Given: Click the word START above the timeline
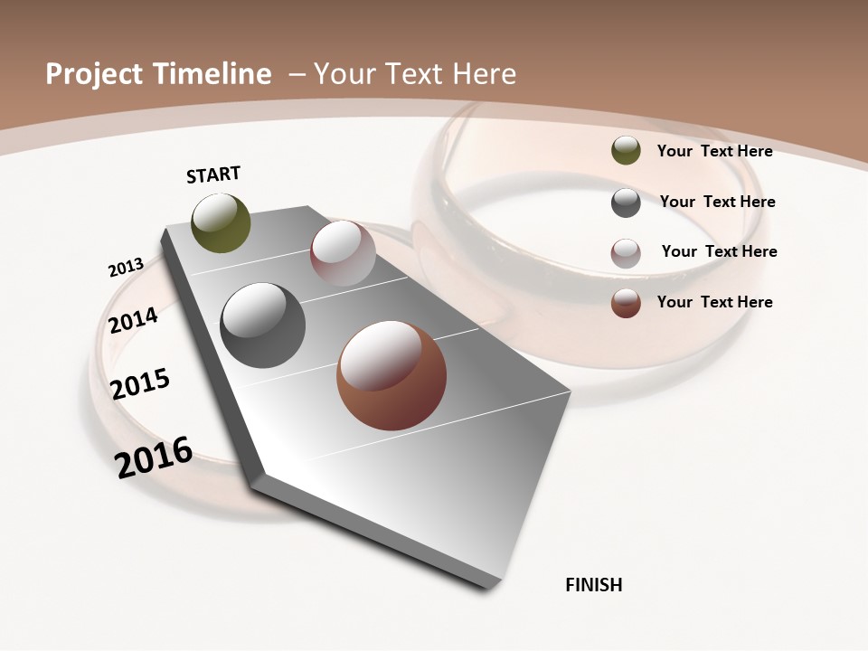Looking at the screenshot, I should tap(213, 175).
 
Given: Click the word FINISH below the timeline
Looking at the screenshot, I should tap(593, 585).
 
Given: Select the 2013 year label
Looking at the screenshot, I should tap(126, 268).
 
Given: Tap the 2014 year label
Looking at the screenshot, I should tap(133, 320).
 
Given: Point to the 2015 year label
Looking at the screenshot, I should tap(140, 383).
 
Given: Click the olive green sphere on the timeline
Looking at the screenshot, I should tap(222, 223).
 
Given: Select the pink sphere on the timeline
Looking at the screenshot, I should tap(343, 252).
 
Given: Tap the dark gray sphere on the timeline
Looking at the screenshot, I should tap(262, 325).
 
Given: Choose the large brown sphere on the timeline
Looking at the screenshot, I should tap(392, 375).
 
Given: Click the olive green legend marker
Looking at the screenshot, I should tap(626, 151).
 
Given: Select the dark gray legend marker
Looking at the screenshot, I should tap(626, 203).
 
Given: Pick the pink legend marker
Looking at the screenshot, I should tap(626, 252).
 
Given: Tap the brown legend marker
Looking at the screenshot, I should tap(626, 303).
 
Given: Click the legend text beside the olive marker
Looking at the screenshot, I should tap(714, 151).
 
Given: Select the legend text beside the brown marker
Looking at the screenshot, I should tap(714, 302).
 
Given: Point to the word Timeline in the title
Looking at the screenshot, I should tap(216, 74).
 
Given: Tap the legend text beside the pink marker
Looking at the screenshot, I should tap(719, 251).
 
